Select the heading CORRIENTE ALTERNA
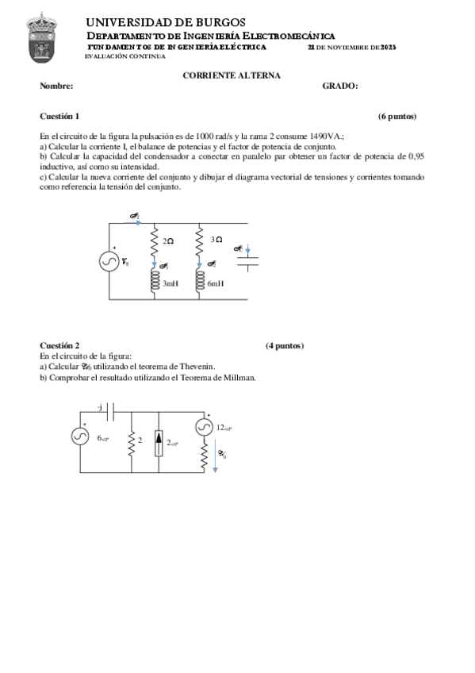tap(232, 75)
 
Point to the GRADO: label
tap(340, 86)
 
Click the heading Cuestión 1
tap(59, 116)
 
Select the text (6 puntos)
tap(396, 116)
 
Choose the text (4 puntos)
tap(285, 345)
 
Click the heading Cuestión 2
tap(59, 345)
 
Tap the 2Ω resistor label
tap(167, 240)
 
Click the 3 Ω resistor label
tap(216, 239)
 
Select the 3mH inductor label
tap(170, 283)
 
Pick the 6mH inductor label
tap(216, 283)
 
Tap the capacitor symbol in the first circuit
tap(249, 261)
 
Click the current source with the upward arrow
tap(159, 442)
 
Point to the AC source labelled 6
tap(81, 436)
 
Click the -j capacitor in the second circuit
tap(111, 413)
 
